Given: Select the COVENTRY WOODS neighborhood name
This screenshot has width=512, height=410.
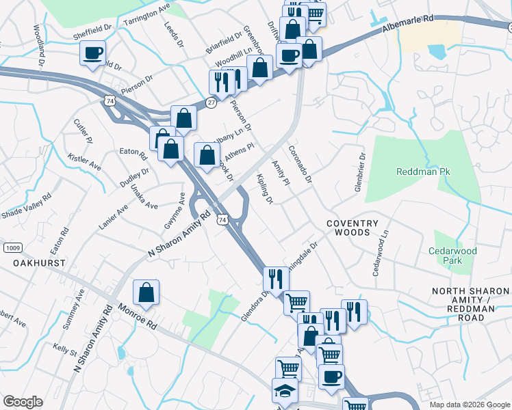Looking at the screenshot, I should point(352,228).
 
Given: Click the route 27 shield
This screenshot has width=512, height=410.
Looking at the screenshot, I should point(211,102).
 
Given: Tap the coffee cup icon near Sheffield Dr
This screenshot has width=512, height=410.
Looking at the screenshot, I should point(92,53).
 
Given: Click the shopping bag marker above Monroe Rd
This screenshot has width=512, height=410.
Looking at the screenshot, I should point(146,293).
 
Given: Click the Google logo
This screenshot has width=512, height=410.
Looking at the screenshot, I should point(23,402).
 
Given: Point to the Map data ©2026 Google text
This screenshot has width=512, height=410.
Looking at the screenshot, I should point(469,405).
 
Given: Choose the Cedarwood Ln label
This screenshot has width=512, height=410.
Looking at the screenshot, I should point(380,253).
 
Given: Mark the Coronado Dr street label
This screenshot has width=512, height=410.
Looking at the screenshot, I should point(300,164).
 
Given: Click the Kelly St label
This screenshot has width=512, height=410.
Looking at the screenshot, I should point(65,350).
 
